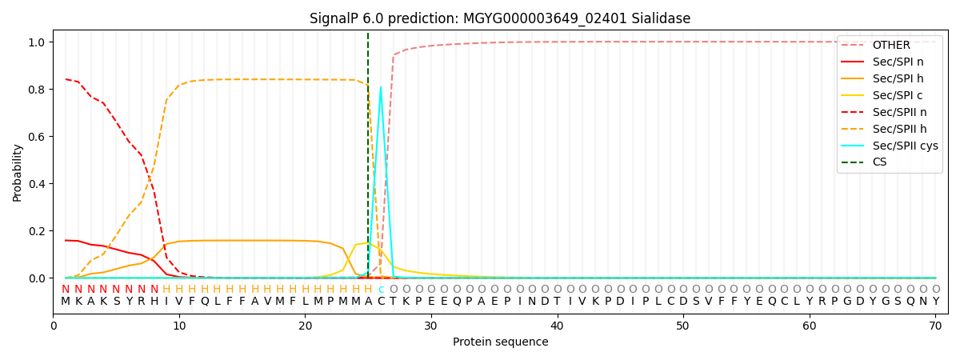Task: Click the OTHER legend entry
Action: coord(890,45)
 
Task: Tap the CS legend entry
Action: coord(879,162)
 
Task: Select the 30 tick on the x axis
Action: coord(430,326)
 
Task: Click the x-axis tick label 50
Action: coord(682,326)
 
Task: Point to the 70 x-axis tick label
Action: coord(934,326)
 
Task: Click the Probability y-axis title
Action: coord(18,173)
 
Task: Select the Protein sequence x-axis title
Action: coord(500,342)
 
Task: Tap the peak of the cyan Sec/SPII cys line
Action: coord(381,87)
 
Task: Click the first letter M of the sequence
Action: coord(66,302)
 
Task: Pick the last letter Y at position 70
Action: coord(935,302)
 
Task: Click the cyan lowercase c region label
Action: coord(381,290)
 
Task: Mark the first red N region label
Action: coord(66,290)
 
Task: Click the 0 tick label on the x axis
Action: coord(54,326)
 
